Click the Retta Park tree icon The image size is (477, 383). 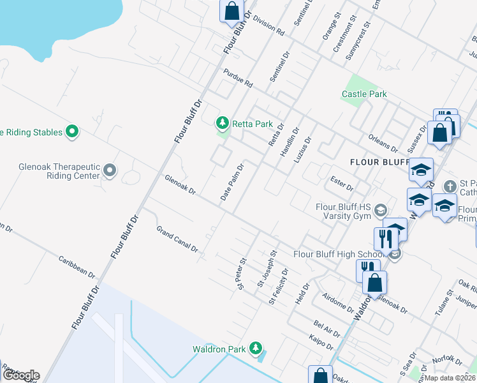pyautogui.click(x=222, y=122)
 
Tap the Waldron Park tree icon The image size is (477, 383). pyautogui.click(x=256, y=348)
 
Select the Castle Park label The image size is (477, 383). pyautogui.click(x=364, y=94)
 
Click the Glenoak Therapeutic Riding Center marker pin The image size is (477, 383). pyautogui.click(x=110, y=170)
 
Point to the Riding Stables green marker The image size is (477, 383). pyautogui.click(x=73, y=132)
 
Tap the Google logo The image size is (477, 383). pyautogui.click(x=20, y=375)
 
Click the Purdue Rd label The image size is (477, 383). pyautogui.click(x=238, y=79)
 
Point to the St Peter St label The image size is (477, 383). pyautogui.click(x=242, y=273)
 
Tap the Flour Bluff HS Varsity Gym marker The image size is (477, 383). pyautogui.click(x=381, y=211)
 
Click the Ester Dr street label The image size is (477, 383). pyautogui.click(x=342, y=183)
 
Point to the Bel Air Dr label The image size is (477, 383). pyautogui.click(x=327, y=327)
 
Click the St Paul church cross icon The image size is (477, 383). pyautogui.click(x=451, y=186)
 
